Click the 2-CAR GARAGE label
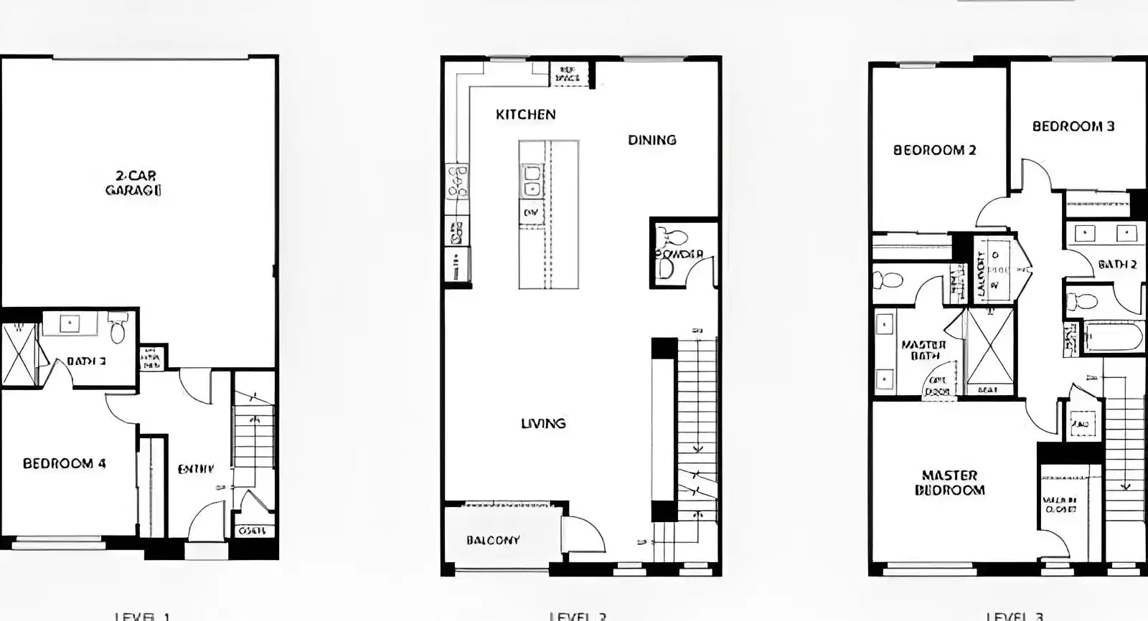(133, 183)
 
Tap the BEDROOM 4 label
(65, 464)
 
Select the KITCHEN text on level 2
(525, 115)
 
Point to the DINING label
(651, 141)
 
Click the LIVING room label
(543, 424)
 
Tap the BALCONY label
(492, 541)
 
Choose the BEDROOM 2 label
(934, 151)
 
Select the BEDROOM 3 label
(1073, 127)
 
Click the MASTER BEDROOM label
(949, 483)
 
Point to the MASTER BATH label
(923, 350)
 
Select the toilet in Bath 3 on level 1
(118, 331)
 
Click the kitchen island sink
(531, 181)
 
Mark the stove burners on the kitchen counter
(457, 181)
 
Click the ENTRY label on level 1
(195, 469)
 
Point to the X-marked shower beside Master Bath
(990, 348)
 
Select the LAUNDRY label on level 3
(982, 275)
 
